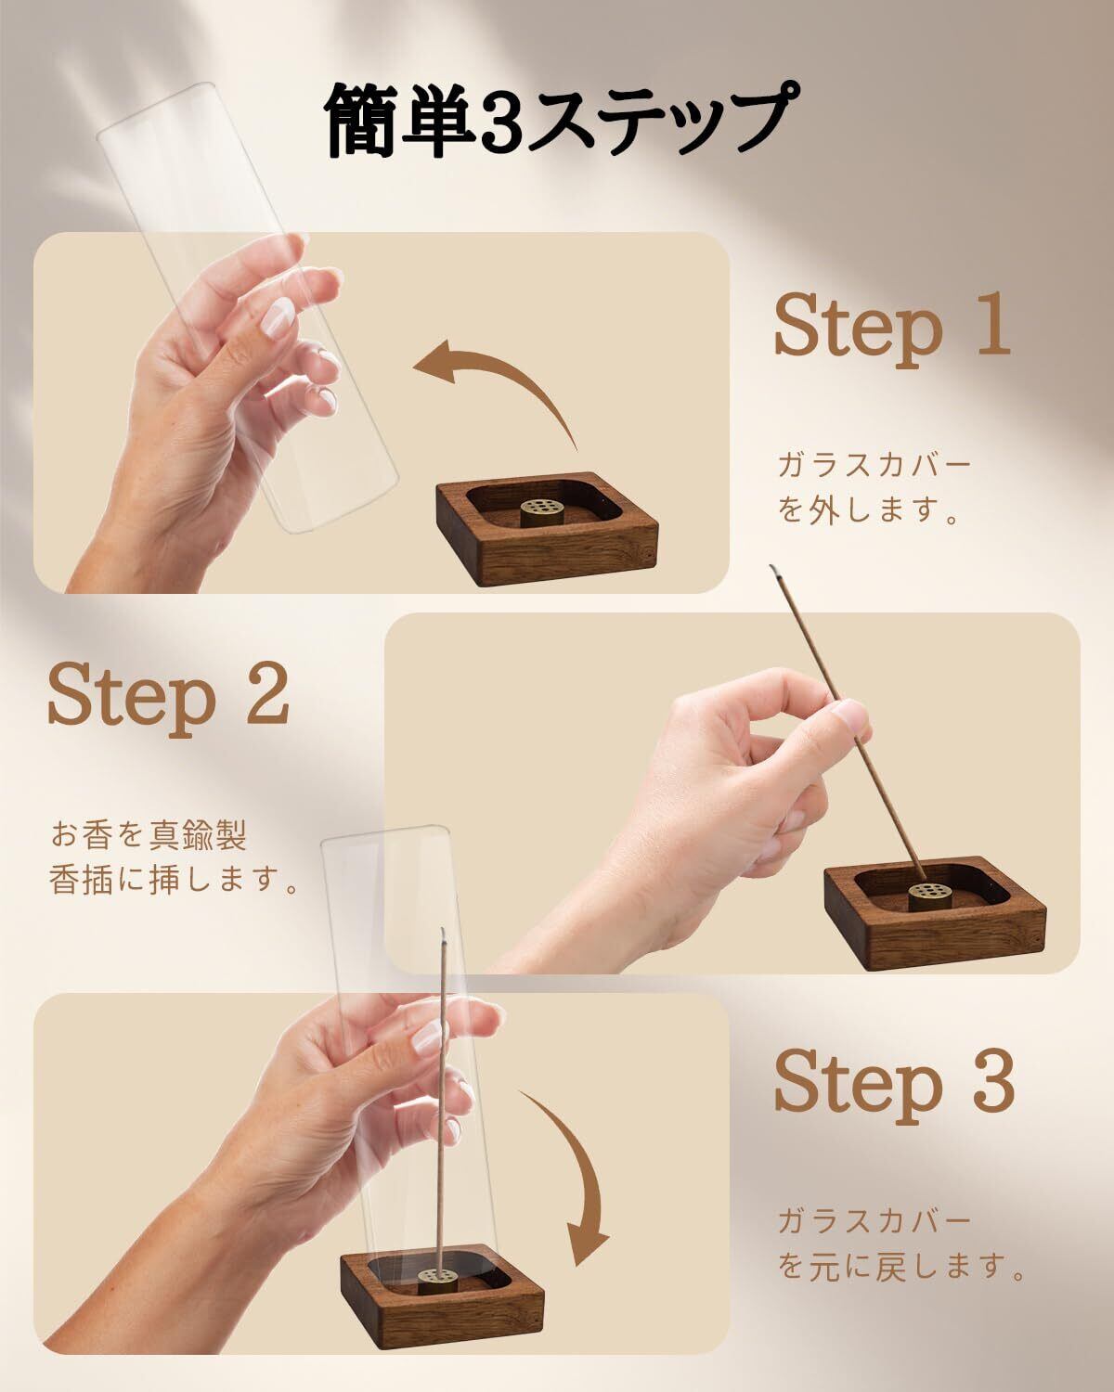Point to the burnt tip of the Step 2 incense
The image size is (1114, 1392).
(x=773, y=569)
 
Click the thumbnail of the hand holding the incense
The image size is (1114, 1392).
(x=851, y=715)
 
